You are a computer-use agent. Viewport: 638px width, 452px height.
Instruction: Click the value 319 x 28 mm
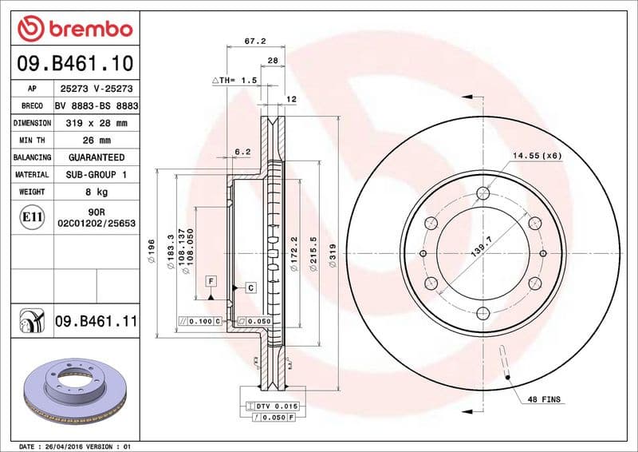coord(96,123)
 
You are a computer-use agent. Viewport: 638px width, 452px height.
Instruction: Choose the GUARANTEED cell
coord(96,157)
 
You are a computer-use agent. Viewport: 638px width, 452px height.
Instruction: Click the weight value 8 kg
coord(96,192)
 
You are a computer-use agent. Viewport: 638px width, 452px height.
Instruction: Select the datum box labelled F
coord(211,281)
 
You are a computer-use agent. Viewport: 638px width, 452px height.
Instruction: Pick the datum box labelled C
coord(250,287)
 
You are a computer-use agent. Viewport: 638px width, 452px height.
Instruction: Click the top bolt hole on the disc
coord(483,192)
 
